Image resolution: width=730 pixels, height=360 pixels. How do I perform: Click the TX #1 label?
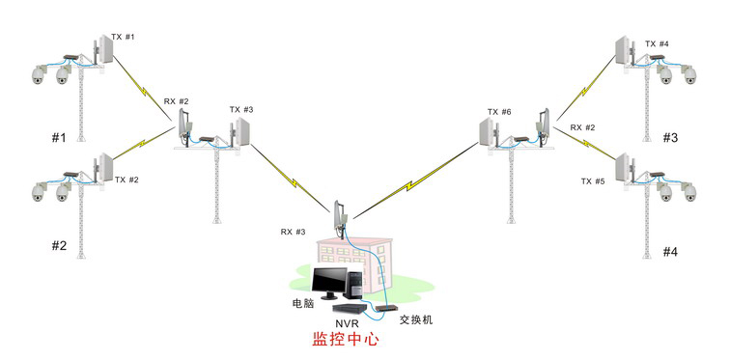(123, 37)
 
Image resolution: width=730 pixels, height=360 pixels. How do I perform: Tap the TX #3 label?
(241, 110)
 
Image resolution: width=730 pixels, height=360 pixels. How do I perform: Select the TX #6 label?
(499, 112)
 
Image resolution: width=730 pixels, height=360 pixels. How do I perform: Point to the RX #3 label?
(293, 232)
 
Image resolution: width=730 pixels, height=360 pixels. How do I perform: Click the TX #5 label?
(593, 181)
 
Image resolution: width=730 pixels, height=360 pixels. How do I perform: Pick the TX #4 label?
(657, 43)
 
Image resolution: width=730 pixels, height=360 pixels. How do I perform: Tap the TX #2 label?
(126, 180)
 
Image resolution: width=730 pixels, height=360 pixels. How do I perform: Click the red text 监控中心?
(346, 339)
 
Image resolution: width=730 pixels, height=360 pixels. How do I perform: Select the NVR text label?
(346, 322)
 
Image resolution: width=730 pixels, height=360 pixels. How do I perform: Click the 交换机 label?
(416, 320)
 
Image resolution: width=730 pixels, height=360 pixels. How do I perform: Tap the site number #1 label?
(59, 138)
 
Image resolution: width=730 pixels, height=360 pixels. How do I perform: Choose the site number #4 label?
(670, 252)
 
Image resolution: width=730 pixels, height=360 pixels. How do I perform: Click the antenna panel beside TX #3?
(242, 131)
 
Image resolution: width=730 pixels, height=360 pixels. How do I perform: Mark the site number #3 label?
(670, 138)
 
